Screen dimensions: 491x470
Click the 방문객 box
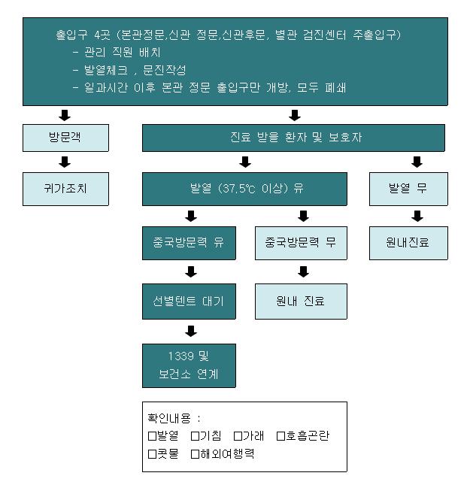click(65, 138)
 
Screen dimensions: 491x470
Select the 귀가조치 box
click(65, 188)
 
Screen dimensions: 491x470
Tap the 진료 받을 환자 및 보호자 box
click(293, 138)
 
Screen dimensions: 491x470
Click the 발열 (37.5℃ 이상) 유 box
click(245, 189)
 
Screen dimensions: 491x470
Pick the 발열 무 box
click(408, 189)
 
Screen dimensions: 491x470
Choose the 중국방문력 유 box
click(189, 243)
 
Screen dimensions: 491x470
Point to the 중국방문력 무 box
click(301, 243)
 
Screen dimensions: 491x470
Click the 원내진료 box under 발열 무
click(408, 243)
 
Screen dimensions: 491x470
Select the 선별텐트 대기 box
click(189, 302)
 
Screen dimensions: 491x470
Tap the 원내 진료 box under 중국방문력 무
click(301, 302)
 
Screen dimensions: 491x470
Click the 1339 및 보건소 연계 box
click(189, 365)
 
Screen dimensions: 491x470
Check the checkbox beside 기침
click(196, 435)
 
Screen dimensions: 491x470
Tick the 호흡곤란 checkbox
click(281, 435)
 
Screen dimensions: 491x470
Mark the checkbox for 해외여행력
click(196, 453)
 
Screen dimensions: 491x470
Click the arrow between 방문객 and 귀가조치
click(65, 162)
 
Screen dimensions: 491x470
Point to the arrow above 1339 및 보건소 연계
click(191, 331)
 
